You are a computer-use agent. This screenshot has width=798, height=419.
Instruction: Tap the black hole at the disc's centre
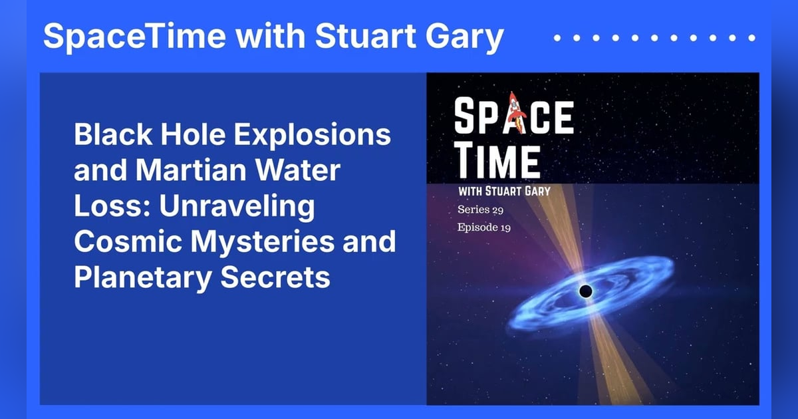pyautogui.click(x=586, y=291)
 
